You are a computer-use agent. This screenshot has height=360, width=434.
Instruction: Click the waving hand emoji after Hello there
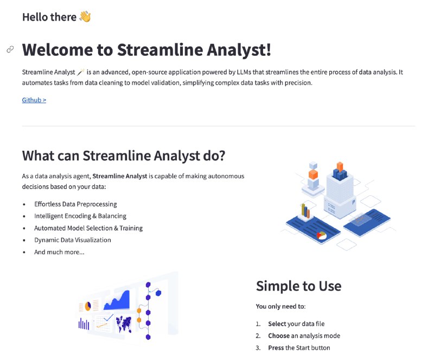85,17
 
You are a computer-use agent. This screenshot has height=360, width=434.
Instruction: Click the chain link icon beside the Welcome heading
10,49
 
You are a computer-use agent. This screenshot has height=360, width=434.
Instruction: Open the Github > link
34,100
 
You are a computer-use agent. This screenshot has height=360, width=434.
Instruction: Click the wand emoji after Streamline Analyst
81,72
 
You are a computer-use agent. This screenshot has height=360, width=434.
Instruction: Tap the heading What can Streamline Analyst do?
123,156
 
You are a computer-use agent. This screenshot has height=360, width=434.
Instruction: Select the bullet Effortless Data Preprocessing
75,204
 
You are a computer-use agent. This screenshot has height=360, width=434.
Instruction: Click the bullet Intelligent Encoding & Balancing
80,216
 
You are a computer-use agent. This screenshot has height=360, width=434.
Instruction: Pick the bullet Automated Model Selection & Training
88,228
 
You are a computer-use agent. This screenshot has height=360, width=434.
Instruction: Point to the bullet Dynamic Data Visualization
72,240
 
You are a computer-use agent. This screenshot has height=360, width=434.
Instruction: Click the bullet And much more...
59,252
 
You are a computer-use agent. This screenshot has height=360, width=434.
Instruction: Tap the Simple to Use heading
298,286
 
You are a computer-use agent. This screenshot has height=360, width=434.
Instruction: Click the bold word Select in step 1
277,324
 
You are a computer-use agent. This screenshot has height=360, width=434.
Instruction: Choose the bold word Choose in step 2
279,336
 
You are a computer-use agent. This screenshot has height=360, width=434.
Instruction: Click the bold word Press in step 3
276,348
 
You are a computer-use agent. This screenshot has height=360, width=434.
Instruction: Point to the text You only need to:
280,306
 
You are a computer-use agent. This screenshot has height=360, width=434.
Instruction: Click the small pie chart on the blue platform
322,235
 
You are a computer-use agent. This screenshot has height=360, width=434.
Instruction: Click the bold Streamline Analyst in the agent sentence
120,176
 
